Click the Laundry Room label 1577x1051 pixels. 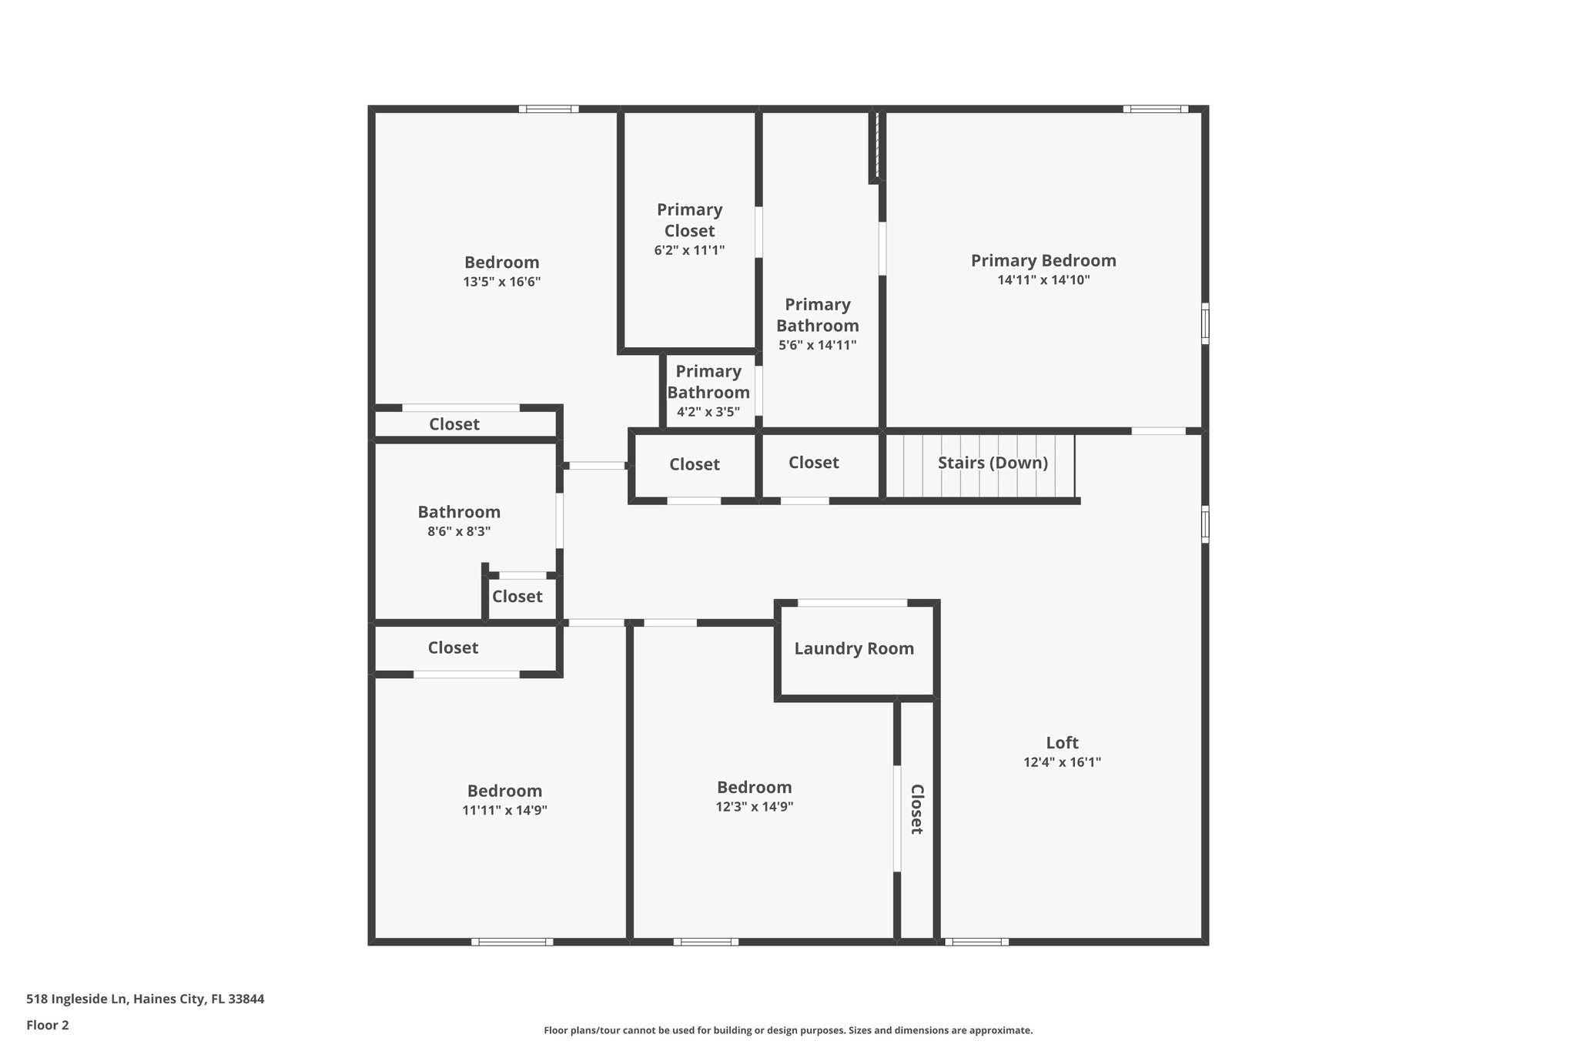pos(854,648)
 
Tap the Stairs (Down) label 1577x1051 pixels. pos(993,463)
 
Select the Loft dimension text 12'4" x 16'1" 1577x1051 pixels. pos(1062,762)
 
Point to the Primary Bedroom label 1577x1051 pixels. pos(1043,260)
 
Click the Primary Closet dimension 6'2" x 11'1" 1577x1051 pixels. pos(689,250)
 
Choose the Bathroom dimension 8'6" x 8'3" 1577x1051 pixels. pos(459,531)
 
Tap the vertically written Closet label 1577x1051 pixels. pos(917,808)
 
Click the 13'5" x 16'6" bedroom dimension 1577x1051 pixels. pos(501,282)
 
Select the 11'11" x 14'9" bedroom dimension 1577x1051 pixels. pos(504,810)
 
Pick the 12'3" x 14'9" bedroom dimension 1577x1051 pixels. pos(754,807)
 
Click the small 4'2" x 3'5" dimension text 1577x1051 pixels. pos(708,412)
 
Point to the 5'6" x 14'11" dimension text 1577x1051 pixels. pos(817,345)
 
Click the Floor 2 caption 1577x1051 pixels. pos(48,1025)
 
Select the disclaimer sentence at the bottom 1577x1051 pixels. pos(788,1030)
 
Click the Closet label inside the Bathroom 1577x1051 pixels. pos(517,597)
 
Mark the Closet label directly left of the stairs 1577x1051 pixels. pos(814,463)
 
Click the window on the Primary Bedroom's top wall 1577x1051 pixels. pos(1155,109)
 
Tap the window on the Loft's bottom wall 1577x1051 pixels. pos(976,942)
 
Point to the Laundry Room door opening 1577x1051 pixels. pos(852,603)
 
